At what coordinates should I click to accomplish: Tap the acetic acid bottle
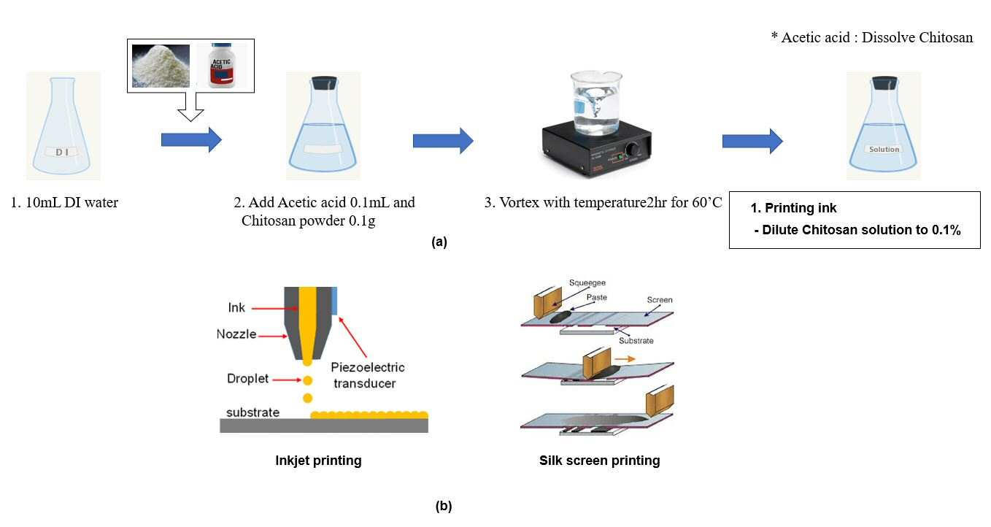[x=221, y=66]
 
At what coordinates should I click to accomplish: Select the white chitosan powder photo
[x=161, y=66]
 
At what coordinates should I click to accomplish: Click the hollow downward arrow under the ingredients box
[x=190, y=106]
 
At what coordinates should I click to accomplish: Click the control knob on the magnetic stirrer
[x=631, y=148]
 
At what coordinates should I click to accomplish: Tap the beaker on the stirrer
[x=596, y=103]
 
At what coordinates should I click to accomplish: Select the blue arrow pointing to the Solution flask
[x=752, y=141]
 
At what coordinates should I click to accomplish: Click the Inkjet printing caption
[x=318, y=461]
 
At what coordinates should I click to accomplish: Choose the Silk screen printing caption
[x=599, y=461]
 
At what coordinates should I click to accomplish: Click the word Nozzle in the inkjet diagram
[x=236, y=334]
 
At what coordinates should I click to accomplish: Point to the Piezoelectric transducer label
[x=367, y=375]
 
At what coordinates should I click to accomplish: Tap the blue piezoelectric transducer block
[x=334, y=301]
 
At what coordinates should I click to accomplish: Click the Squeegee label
[x=587, y=282]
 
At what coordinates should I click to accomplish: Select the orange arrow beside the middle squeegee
[x=625, y=359]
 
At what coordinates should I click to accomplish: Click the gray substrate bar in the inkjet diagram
[x=324, y=426]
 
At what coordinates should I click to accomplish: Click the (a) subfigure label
[x=439, y=242]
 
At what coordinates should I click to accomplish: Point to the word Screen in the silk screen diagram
[x=660, y=299]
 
